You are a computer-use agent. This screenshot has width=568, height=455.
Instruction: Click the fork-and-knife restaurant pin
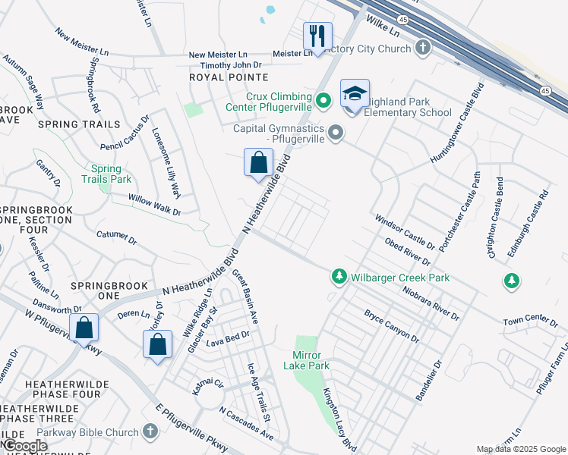point(317,36)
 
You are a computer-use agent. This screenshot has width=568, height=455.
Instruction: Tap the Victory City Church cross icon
point(423,49)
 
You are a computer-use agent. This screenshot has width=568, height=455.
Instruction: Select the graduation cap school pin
point(355,93)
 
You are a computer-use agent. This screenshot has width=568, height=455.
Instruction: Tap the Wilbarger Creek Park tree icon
point(339,278)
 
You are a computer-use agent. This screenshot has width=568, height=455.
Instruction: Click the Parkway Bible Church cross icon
point(150,431)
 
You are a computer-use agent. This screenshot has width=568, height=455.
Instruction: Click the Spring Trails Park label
point(111,174)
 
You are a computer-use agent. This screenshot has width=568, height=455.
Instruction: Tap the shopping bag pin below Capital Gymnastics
point(258,162)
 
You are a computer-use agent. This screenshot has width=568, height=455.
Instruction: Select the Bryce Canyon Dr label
point(391,325)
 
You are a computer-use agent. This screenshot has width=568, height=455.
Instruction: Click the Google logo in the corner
point(24,446)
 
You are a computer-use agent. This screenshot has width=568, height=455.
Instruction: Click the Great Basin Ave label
point(245,297)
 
